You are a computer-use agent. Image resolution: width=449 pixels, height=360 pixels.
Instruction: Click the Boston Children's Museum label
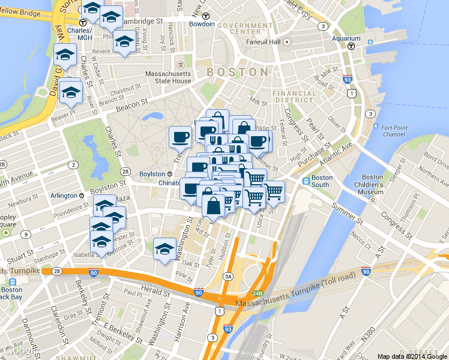372,185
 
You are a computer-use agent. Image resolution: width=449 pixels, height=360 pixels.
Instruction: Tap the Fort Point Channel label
394,131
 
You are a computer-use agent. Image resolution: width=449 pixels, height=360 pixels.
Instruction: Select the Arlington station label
63,196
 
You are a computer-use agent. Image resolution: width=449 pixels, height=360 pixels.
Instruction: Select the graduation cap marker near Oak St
164,248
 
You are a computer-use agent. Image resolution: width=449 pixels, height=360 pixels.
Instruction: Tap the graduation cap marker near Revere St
124,42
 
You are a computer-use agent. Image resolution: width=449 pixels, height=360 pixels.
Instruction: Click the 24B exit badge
258,293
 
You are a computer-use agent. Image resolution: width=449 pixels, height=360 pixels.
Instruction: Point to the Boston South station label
322,182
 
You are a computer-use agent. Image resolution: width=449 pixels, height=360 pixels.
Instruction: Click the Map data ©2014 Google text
412,356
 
